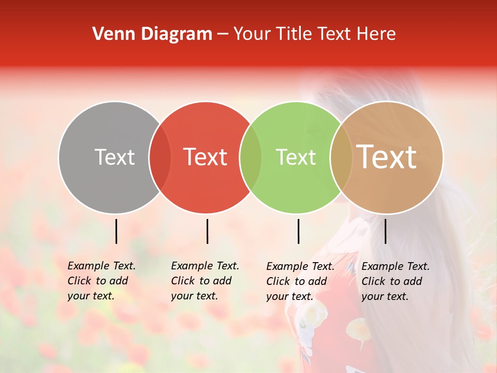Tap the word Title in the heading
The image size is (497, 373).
tap(294, 34)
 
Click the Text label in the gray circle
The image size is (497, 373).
tap(114, 157)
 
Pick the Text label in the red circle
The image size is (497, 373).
tap(206, 157)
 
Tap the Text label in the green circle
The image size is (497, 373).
tap(296, 157)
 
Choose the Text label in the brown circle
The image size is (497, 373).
tap(387, 156)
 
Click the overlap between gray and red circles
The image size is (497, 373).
tap(160, 157)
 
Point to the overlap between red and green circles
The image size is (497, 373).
tap(251, 157)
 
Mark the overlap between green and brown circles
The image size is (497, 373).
tap(341, 157)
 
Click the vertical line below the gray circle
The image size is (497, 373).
tap(116, 231)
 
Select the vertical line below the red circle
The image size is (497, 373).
tap(207, 231)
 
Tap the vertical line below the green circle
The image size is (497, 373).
tap(298, 231)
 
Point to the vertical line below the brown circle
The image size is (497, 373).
tap(385, 231)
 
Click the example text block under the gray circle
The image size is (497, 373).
tap(101, 281)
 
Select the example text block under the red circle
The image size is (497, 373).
tap(205, 281)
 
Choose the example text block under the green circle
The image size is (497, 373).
tap(300, 281)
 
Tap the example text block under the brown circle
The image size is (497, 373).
tap(396, 281)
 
